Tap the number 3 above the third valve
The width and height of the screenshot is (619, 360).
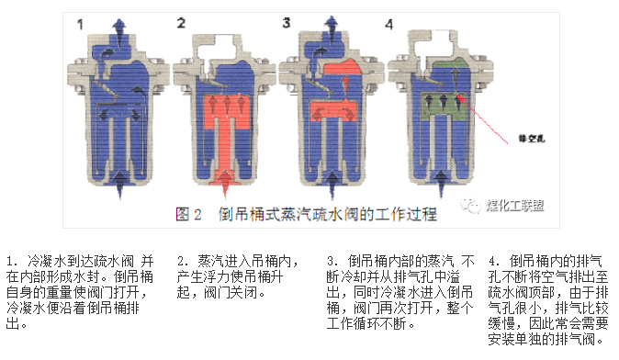coord(286,23)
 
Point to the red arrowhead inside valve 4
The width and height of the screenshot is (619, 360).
coord(462,96)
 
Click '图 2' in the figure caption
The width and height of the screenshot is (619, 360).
coord(187,215)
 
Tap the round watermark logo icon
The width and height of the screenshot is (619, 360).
coord(470,208)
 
